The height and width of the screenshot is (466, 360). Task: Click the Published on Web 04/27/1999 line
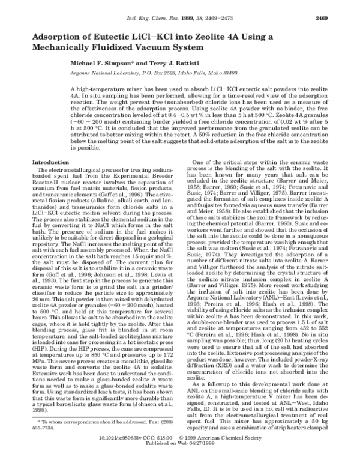click(180, 459)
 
